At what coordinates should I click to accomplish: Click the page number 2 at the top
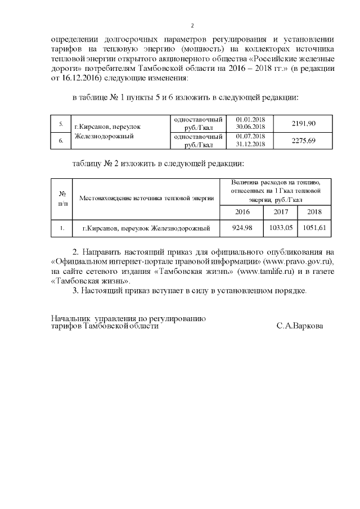[x=192, y=26]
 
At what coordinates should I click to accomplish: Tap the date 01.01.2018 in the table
[x=251, y=120]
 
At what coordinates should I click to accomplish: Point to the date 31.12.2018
[x=251, y=143]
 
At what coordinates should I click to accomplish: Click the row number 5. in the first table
[x=61, y=123]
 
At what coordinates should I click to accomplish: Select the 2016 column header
[x=242, y=211]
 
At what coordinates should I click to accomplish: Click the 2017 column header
[x=281, y=211]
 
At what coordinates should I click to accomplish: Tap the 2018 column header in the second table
[x=314, y=211]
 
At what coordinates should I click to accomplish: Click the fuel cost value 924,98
[x=242, y=228]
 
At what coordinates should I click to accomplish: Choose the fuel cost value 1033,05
[x=281, y=228]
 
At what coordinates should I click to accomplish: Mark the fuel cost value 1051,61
[x=314, y=228]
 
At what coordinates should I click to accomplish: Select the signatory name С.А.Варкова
[x=300, y=326]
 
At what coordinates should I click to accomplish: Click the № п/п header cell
[x=62, y=198]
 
